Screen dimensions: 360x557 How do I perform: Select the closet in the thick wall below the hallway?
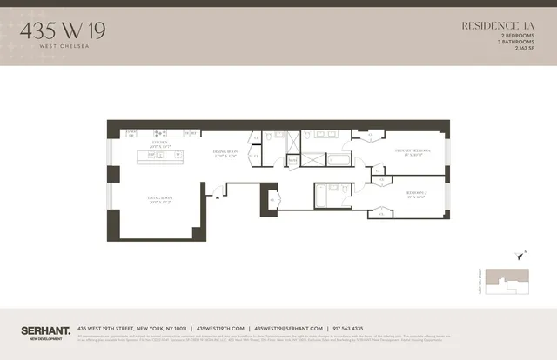[x=273, y=200]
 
